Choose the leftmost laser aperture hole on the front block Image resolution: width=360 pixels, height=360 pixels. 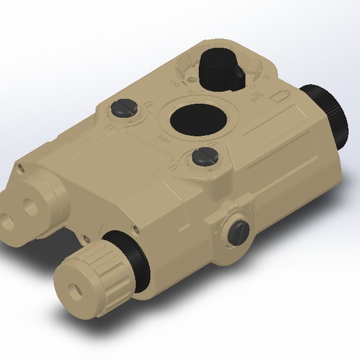(x=11, y=209)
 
